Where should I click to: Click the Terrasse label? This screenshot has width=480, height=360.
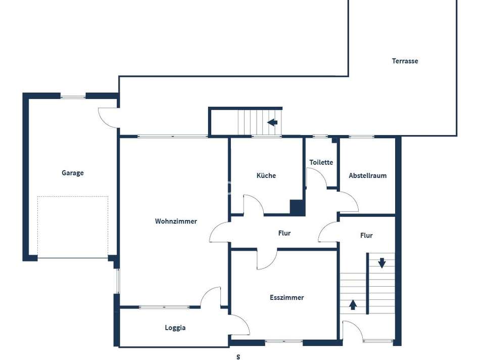pos(405,61)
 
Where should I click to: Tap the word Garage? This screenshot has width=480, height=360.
pos(73,173)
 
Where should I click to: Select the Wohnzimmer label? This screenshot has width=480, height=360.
pos(176,221)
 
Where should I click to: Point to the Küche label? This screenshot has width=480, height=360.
pos(266,175)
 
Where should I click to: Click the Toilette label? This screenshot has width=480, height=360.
pos(321,162)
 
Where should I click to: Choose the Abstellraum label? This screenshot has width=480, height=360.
pos(367,175)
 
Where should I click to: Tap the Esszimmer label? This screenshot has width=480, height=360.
pos(286,298)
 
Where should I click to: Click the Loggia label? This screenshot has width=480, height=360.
pos(175,328)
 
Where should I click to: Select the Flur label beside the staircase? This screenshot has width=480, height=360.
pos(366,236)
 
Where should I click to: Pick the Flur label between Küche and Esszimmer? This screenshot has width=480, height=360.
pos(284,234)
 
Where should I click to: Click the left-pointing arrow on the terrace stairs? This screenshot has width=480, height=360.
pos(272,122)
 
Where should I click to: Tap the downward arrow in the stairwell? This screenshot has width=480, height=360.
pos(382,263)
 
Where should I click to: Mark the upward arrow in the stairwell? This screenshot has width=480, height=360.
pos(353,305)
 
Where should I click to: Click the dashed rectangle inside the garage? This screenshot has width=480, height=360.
pos(73,227)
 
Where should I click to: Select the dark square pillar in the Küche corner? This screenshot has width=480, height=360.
pos(297,207)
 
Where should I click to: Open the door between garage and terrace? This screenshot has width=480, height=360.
pos(109,117)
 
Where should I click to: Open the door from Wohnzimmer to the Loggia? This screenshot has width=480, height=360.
pos(211,297)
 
